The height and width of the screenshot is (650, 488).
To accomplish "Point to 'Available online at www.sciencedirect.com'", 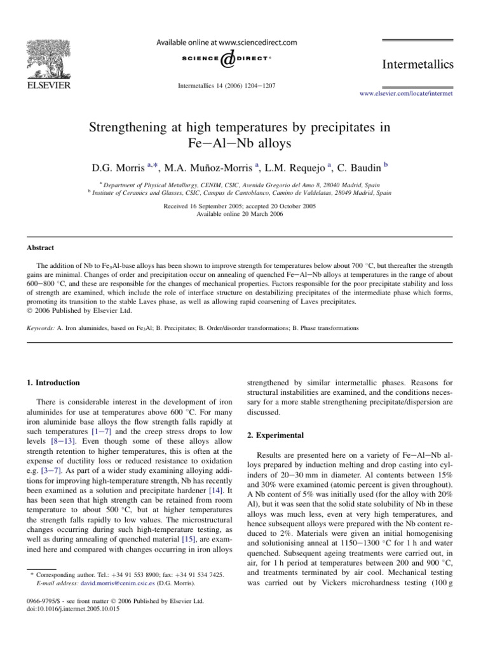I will pos(227,43).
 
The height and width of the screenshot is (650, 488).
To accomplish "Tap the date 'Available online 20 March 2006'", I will pos(244,215).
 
